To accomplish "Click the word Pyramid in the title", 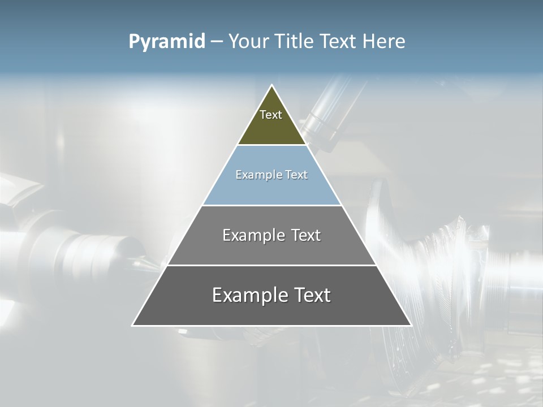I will coord(166,42).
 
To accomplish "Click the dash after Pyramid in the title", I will coord(217,42).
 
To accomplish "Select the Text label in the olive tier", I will coord(271,115).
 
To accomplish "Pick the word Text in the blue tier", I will coord(296,175).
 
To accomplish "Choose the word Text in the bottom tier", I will coord(311,296).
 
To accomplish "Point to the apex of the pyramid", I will coord(272,86).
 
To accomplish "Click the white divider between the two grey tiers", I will coord(271,265).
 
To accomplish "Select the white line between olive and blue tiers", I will coord(271,145).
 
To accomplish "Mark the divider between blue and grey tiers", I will coord(271,205).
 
